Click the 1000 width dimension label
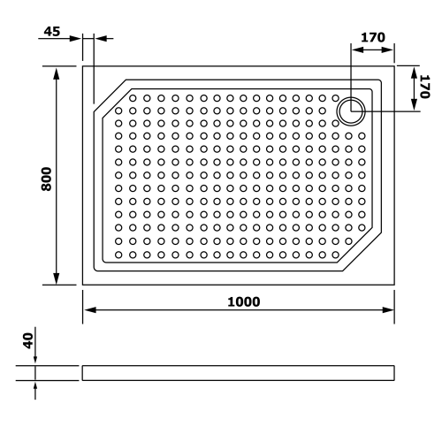242,301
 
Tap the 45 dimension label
51,32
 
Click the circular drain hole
351,110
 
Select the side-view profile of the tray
239,372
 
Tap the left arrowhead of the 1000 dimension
88,311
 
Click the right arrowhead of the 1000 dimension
390,311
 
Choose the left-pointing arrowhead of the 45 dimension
98,39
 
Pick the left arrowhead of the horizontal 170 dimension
356,50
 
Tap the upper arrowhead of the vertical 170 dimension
414,69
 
